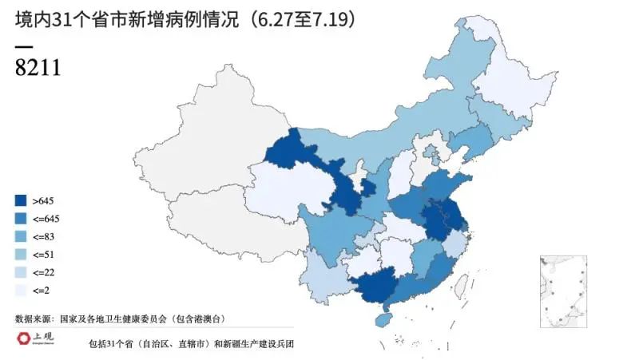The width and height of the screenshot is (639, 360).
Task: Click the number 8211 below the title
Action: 38,67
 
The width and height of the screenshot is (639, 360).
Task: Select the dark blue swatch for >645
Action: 22,201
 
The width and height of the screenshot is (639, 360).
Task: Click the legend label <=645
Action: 46,219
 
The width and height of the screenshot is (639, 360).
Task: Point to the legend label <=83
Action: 44,237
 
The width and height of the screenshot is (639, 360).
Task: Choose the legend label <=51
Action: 44,255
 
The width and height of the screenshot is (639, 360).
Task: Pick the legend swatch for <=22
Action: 22,273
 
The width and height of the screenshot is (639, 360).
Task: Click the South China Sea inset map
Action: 563,291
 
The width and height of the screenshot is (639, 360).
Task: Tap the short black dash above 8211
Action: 23,45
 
